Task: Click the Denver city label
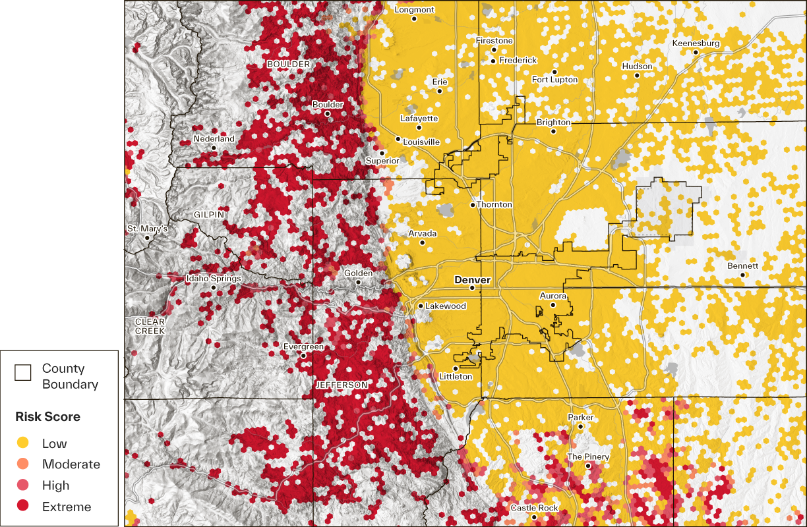(472, 280)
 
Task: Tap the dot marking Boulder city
(327, 113)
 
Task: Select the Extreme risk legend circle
(22, 506)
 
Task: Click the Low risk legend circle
(22, 443)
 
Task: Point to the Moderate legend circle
(22, 464)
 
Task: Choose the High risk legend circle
(22, 485)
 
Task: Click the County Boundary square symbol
(22, 373)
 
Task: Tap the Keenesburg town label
(696, 43)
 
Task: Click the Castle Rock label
(534, 508)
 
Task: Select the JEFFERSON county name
(342, 384)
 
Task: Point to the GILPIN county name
(209, 215)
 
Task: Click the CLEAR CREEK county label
(150, 326)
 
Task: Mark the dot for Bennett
(742, 275)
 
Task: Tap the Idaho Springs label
(214, 279)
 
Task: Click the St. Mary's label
(147, 229)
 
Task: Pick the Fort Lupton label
(554, 80)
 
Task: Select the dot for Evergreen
(303, 356)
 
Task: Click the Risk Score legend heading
(47, 416)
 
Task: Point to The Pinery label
(588, 457)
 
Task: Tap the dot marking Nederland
(214, 148)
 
